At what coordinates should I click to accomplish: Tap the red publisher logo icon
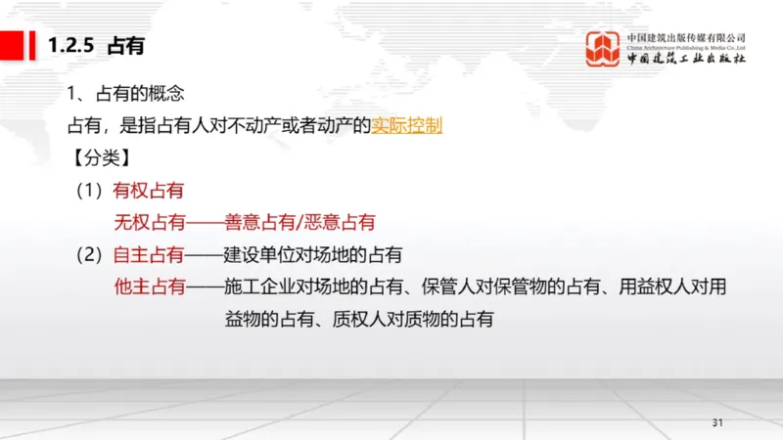[x=602, y=49]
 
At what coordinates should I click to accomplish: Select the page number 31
[x=716, y=422]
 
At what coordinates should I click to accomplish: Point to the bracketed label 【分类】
[x=101, y=157]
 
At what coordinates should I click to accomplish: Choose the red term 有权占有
[x=149, y=190]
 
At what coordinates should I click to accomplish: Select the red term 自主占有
[x=149, y=254]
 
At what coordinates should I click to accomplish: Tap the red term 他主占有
[x=149, y=286]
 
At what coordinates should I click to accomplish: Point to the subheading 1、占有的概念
[x=126, y=94]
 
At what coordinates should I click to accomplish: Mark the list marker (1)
[x=91, y=190]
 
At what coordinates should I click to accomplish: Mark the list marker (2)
[x=91, y=254]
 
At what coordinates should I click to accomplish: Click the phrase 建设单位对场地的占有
[x=313, y=254]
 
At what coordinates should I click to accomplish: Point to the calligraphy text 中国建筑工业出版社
[x=686, y=60]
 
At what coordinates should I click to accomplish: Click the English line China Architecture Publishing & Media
[x=686, y=46]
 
